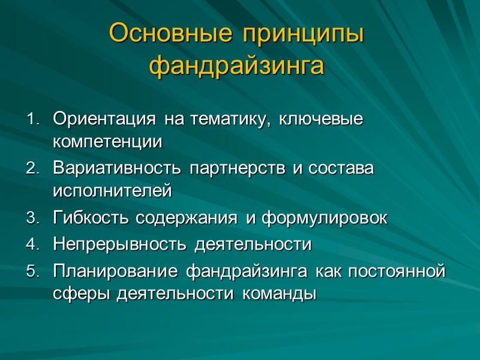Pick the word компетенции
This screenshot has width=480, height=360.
point(107,143)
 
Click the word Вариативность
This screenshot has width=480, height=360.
point(118,169)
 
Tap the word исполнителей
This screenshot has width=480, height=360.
point(112,192)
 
